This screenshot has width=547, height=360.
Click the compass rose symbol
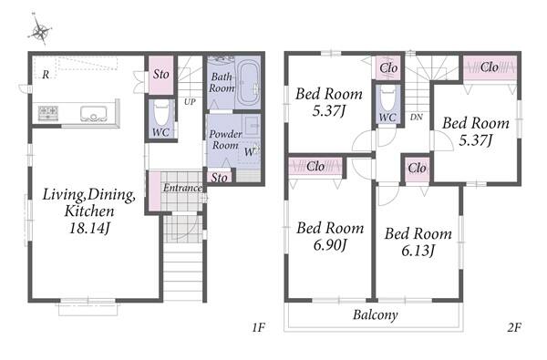[41, 30]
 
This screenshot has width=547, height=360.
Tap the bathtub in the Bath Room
[248, 84]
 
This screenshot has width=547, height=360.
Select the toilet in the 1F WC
[161, 112]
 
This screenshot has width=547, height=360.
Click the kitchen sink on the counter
[93, 114]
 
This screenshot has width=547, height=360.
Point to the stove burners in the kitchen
[47, 113]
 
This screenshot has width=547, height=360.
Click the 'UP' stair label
[190, 102]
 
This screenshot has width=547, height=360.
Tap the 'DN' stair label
[417, 118]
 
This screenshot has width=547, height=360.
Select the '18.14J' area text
[89, 229]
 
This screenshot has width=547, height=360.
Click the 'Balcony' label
[375, 314]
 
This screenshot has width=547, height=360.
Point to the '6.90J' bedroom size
[330, 245]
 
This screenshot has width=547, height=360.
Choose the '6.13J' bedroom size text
[418, 251]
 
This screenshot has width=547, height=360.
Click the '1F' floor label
[259, 327]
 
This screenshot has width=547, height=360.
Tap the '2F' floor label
[514, 327]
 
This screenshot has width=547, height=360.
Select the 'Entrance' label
[182, 188]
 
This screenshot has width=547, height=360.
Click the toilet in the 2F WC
[387, 98]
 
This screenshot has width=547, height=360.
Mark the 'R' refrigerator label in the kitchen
[46, 75]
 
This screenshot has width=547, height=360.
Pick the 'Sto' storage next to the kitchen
[161, 75]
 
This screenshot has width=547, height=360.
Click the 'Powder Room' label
[225, 139]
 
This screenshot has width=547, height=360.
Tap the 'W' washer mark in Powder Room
[250, 151]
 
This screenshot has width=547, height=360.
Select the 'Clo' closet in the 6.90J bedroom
[315, 167]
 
